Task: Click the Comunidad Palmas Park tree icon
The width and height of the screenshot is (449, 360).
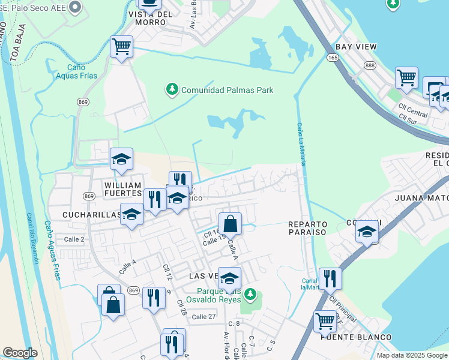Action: [172, 90]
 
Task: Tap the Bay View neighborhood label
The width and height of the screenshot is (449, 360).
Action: [356, 46]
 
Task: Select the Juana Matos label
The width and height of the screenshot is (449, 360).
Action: [421, 196]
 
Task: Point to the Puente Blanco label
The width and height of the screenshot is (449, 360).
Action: [356, 337]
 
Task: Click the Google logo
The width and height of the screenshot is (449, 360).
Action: [20, 353]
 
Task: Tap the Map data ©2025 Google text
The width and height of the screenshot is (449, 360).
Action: [411, 355]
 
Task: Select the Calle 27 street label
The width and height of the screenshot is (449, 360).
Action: [203, 316]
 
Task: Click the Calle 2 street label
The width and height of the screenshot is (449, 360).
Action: [74, 239]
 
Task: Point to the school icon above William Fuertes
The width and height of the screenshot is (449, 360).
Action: [121, 159]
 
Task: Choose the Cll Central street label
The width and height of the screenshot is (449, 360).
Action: [413, 109]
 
